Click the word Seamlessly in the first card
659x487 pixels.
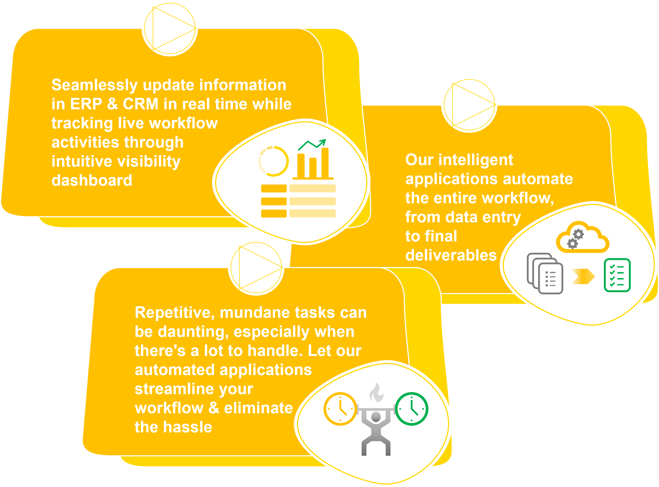(95, 85)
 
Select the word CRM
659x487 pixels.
(140, 104)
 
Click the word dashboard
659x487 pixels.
(92, 180)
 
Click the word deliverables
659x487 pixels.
(451, 255)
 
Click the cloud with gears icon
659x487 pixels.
(583, 238)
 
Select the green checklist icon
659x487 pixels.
(617, 275)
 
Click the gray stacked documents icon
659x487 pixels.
(545, 274)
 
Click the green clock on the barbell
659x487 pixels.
(412, 409)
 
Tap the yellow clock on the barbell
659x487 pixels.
(340, 409)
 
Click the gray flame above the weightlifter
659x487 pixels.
(376, 393)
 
